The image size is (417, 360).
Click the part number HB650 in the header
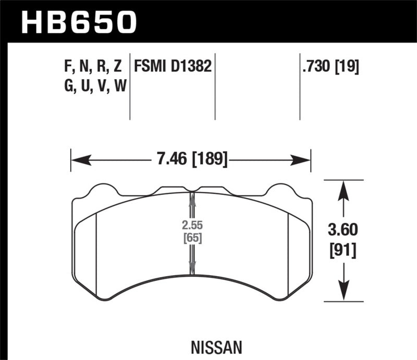click(78, 22)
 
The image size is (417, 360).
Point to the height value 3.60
click(342, 230)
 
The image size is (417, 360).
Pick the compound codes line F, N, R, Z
click(91, 66)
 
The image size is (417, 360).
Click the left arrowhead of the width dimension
click(76, 160)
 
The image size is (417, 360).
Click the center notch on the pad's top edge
click(191, 190)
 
